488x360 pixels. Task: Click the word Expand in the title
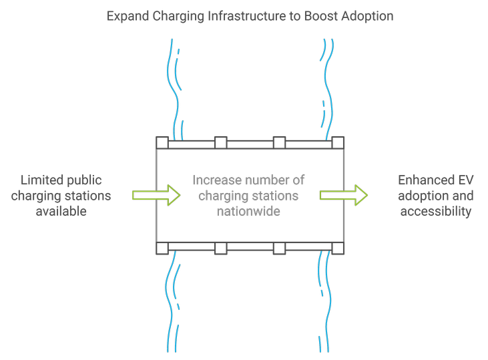point(128,15)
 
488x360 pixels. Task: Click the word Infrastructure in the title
point(242,15)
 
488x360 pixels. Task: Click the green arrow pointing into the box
point(156,195)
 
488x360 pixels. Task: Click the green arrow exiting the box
point(344,195)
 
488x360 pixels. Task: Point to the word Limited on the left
point(43,180)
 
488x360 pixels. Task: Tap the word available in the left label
point(61,211)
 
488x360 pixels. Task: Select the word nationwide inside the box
point(248,211)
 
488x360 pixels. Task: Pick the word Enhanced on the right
point(423,180)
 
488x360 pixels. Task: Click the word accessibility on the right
point(435,211)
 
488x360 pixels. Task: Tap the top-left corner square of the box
point(162,143)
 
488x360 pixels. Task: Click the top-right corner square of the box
point(338,143)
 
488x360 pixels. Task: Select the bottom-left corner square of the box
point(162,248)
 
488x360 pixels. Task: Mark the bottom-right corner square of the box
point(338,248)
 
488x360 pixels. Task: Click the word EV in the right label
point(465,180)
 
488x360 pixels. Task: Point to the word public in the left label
point(85,180)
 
